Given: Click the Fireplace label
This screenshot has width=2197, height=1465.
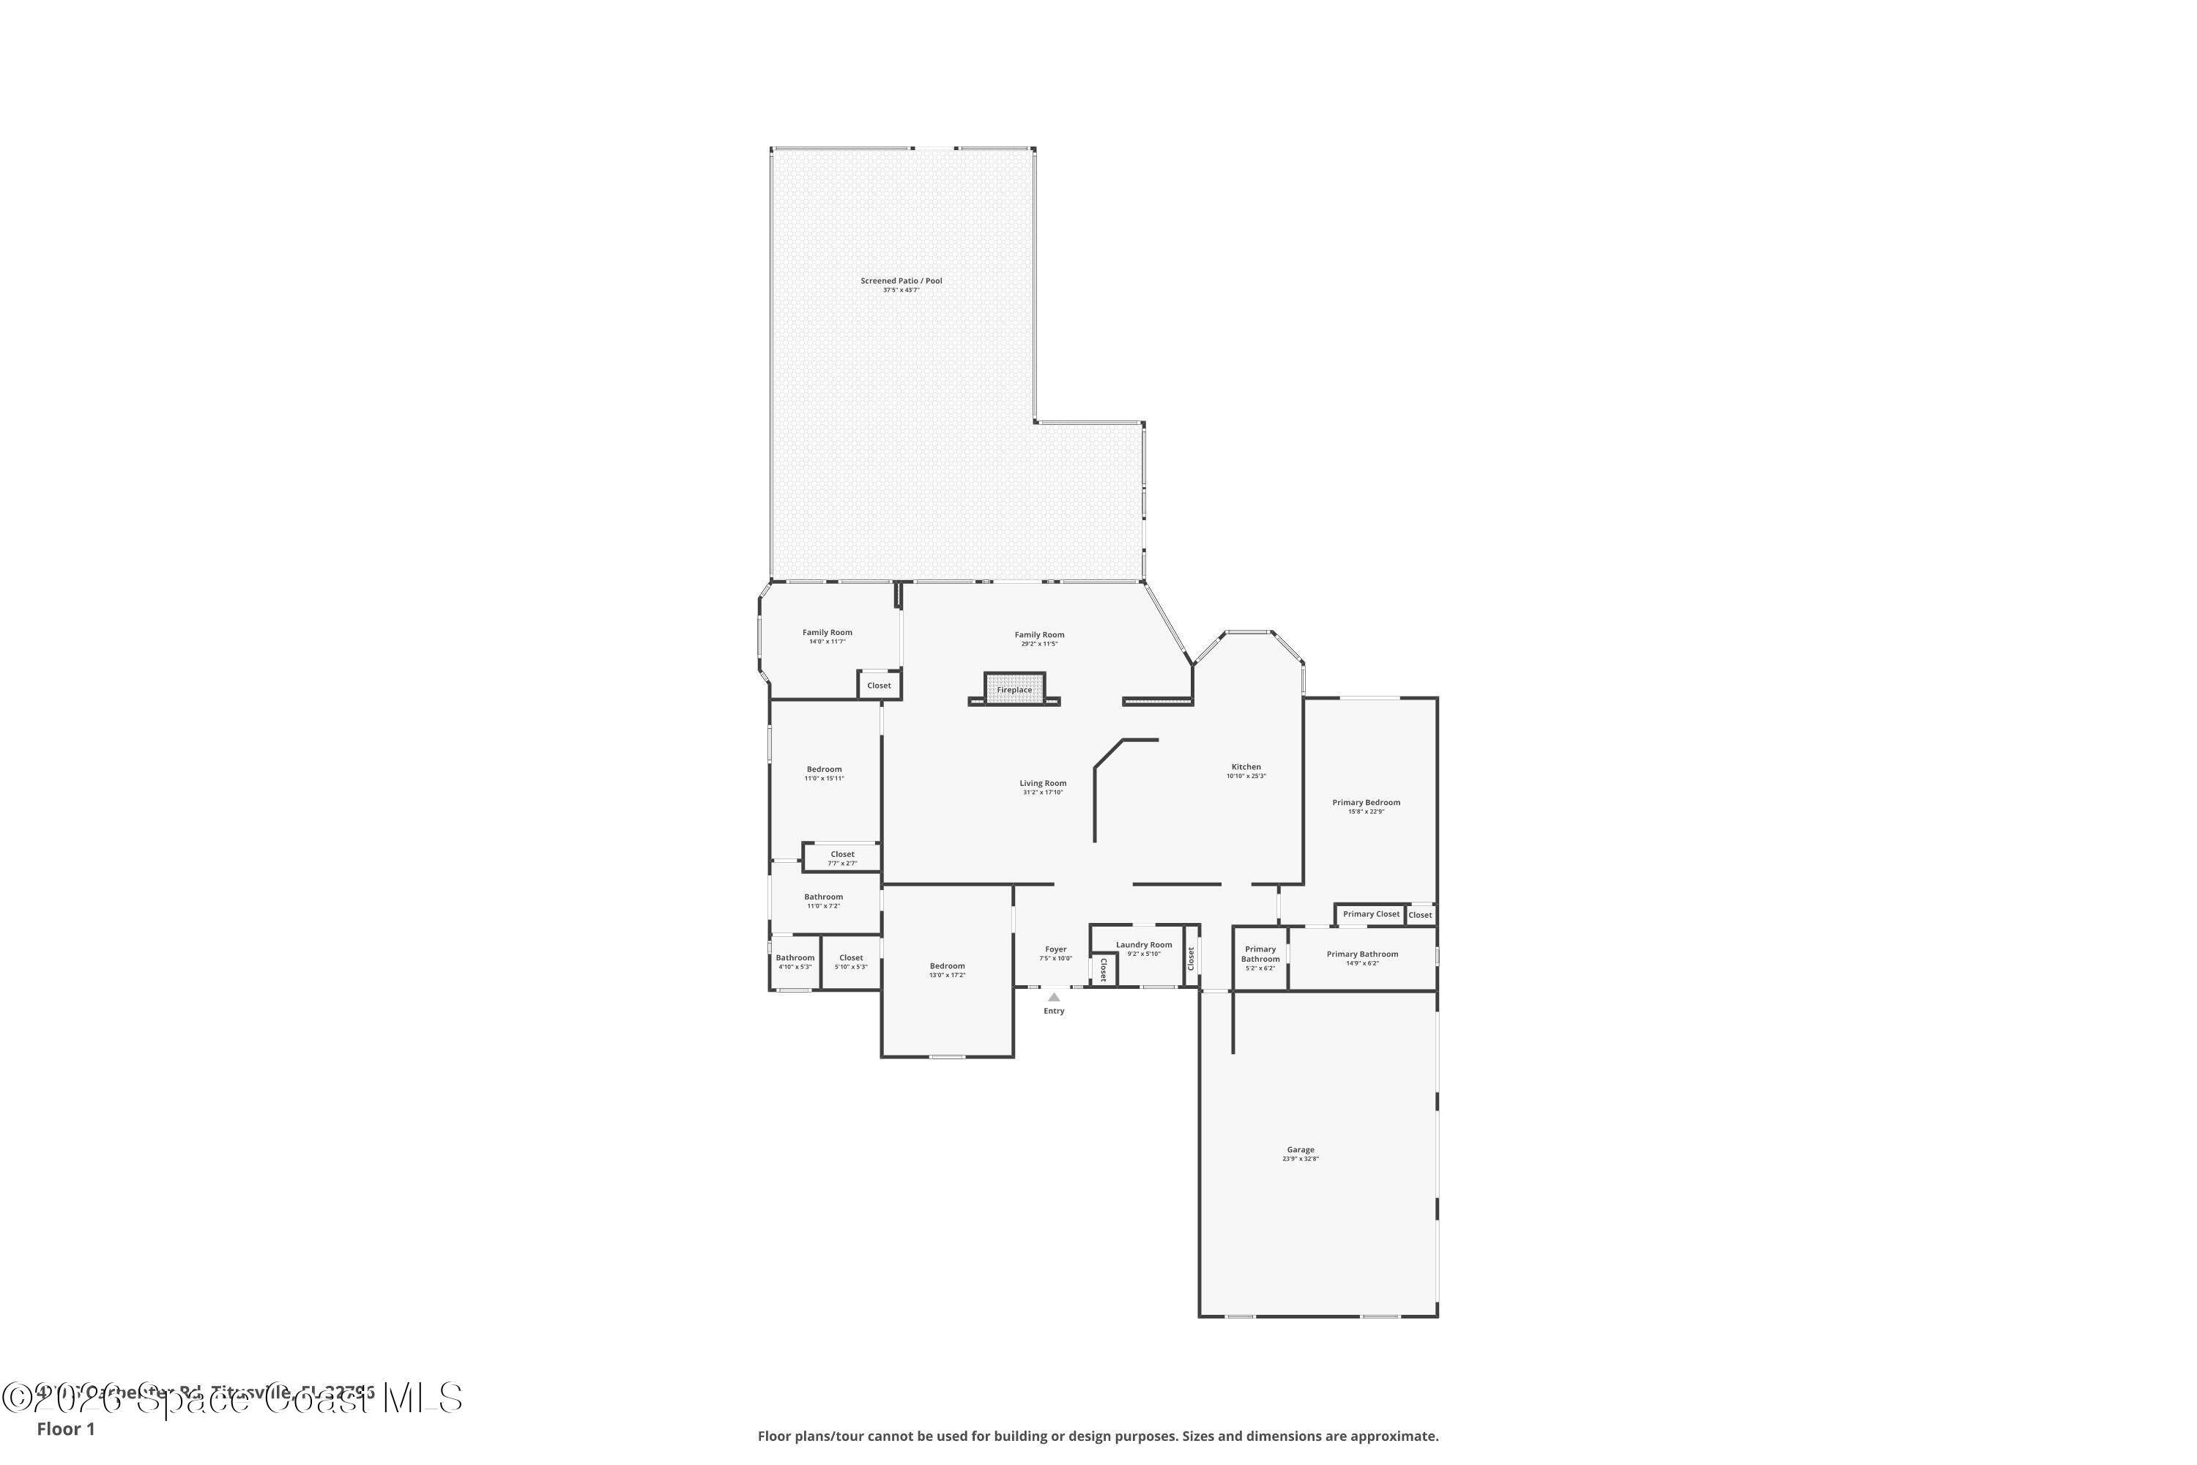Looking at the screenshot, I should (x=1014, y=689).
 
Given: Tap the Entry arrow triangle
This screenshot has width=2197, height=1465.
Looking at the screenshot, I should (x=1054, y=997).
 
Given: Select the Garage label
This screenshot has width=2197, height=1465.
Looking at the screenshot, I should (x=1301, y=1150).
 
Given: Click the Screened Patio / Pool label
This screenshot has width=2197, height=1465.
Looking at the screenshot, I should (x=901, y=281).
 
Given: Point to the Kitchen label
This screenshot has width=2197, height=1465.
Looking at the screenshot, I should (x=1246, y=767).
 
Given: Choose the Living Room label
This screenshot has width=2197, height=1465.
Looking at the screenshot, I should (x=1042, y=784).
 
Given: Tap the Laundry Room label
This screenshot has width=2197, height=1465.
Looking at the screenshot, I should (x=1143, y=945).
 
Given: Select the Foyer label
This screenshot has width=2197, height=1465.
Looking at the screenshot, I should (x=1055, y=949).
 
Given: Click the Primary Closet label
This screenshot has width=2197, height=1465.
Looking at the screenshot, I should (x=1370, y=913).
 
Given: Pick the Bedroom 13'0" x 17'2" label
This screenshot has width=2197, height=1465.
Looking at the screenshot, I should (x=947, y=966).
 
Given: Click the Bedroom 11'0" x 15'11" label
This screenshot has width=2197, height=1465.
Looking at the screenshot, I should (x=824, y=770).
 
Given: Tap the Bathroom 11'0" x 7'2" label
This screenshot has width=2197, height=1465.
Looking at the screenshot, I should (x=823, y=897).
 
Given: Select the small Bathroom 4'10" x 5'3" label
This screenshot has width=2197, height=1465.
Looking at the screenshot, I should (x=795, y=957).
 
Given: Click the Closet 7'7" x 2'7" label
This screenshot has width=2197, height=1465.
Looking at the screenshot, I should (x=841, y=855).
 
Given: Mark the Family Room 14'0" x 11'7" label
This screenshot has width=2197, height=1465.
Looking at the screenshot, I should (x=827, y=634).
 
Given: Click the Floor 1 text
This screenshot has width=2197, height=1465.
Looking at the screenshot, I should (x=65, y=1428).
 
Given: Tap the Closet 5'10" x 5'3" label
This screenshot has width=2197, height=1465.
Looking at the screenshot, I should (x=851, y=957).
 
